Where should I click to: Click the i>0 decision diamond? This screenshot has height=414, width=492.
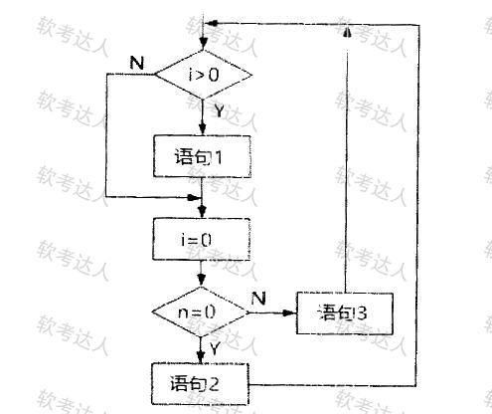point(204,75)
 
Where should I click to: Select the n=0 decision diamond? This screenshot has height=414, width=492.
point(201,312)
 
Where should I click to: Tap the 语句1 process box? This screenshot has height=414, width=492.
point(202,156)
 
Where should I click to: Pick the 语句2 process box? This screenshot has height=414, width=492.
point(200,384)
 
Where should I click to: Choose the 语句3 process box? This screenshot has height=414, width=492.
point(345,313)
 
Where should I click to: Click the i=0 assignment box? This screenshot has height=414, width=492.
point(202,239)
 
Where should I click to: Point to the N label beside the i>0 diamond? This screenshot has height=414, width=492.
point(137,63)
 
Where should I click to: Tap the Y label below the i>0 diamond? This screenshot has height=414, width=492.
point(219,110)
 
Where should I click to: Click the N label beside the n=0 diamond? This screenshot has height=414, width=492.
point(258,299)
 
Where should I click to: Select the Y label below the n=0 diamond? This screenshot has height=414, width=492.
point(215,348)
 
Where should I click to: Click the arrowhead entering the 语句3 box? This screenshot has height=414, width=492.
point(289,312)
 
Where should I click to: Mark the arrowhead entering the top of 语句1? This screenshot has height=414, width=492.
point(203,129)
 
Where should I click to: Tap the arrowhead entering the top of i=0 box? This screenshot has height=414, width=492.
point(202,212)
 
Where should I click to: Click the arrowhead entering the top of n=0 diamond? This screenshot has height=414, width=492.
point(201,281)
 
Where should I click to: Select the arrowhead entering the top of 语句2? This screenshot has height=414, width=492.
point(200,357)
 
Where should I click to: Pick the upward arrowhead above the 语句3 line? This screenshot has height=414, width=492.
point(347,32)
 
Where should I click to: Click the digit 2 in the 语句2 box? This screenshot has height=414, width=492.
point(212,384)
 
